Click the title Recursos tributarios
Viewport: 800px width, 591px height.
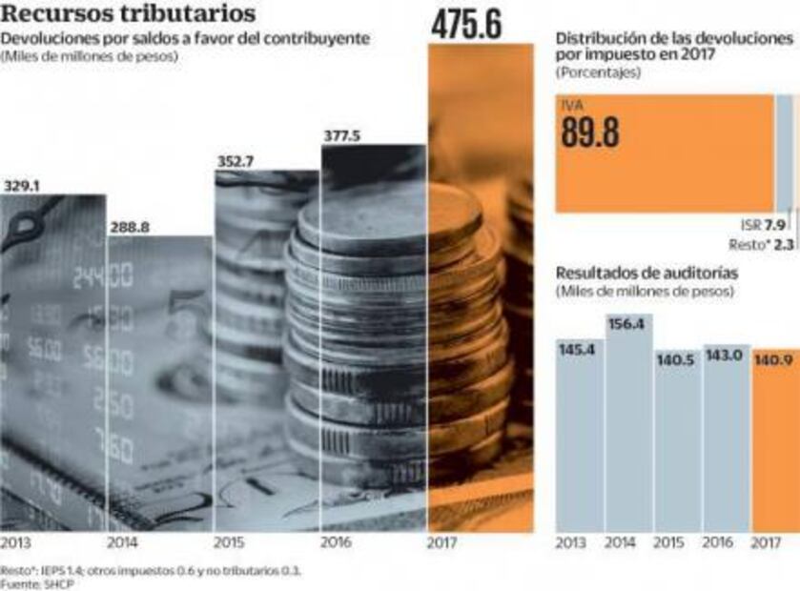[128, 14]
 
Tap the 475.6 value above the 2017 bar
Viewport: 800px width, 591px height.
[466, 26]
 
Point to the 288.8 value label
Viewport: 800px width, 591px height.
[130, 228]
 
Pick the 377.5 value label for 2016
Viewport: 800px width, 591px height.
[343, 136]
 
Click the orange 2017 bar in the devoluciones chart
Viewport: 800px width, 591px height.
[481, 286]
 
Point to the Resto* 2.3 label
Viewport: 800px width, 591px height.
[763, 244]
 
